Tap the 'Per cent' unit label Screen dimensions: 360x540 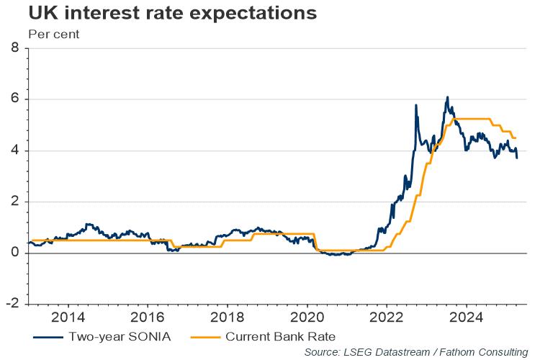pyautogui.click(x=53, y=33)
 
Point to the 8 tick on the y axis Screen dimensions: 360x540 pyautogui.click(x=15, y=48)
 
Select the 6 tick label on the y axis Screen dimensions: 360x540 pyautogui.click(x=15, y=99)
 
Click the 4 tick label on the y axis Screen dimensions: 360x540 pyautogui.click(x=15, y=150)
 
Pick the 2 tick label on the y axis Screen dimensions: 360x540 pyautogui.click(x=15, y=202)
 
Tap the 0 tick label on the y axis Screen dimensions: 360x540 pyautogui.click(x=15, y=253)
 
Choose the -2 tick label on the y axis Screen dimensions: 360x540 pyautogui.click(x=12, y=304)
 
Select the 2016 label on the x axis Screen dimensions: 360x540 pyautogui.click(x=147, y=317)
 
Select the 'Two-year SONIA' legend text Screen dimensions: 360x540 pyautogui.click(x=118, y=335)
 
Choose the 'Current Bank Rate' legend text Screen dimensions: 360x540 pyautogui.click(x=280, y=335)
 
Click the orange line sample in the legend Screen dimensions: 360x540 pyautogui.click(x=207, y=335)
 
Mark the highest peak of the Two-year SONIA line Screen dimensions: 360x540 pyautogui.click(x=447, y=97)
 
